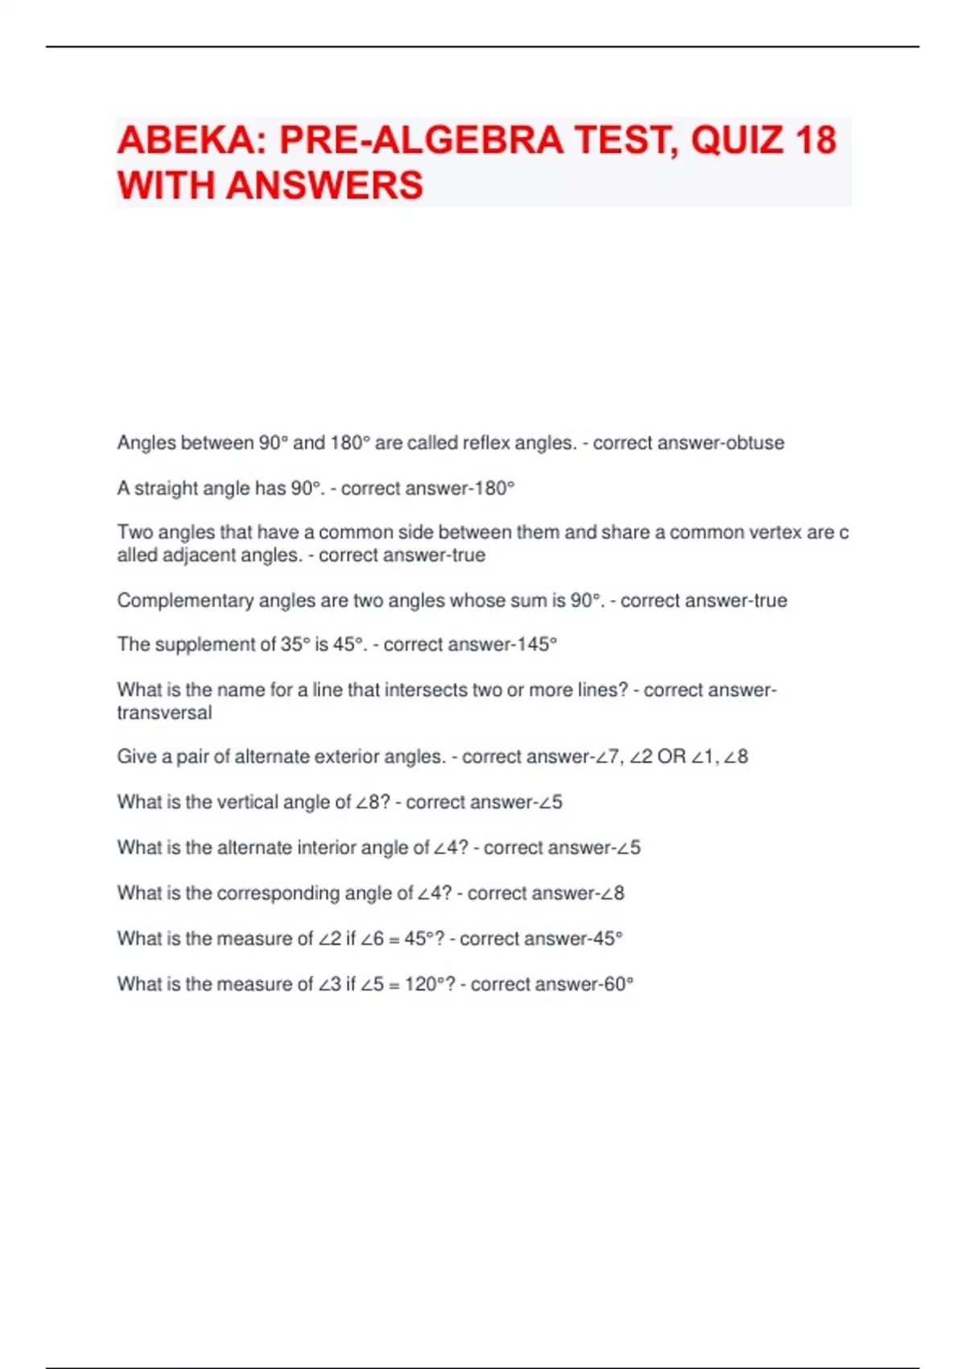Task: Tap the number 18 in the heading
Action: click(x=815, y=140)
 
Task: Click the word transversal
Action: click(x=164, y=713)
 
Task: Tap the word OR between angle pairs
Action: click(x=671, y=757)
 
